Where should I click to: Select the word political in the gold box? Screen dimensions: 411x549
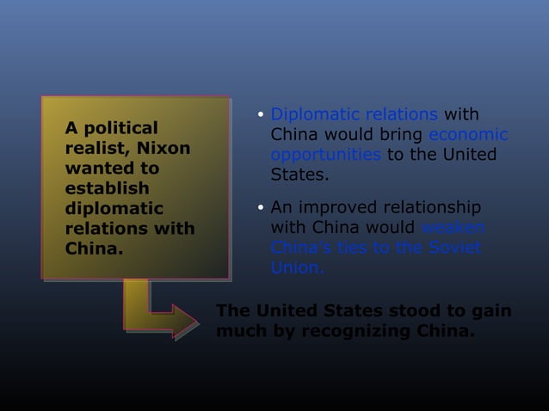point(119,129)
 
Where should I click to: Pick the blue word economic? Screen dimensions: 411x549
point(467,135)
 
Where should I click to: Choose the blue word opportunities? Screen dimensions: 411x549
point(326,155)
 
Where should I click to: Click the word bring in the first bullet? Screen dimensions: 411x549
point(401,135)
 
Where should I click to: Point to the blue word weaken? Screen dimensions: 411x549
point(453,228)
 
